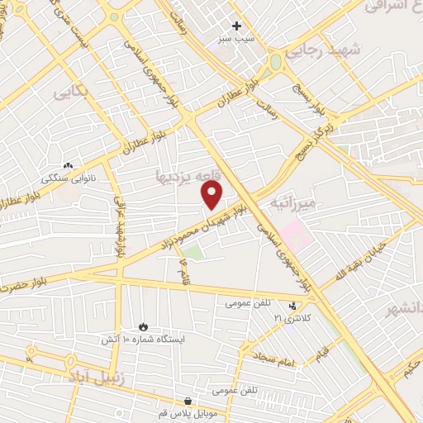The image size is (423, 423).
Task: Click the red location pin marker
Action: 212,195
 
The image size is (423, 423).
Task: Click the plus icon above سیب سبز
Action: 237,26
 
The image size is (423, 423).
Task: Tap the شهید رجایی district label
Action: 324,51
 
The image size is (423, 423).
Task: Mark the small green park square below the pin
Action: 192,253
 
